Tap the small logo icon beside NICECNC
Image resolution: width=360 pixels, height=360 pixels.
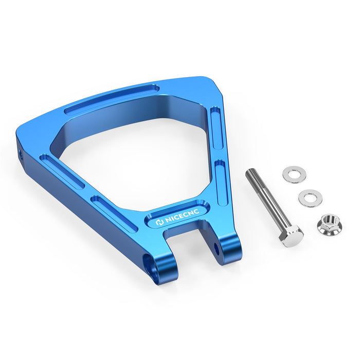(x=159, y=223)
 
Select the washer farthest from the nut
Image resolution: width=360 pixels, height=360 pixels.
(x=294, y=174)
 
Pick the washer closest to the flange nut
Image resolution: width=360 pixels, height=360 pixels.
(x=310, y=197)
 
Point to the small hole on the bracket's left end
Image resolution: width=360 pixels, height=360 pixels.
(x=21, y=153)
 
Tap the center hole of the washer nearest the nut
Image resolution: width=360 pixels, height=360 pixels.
(x=310, y=197)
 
